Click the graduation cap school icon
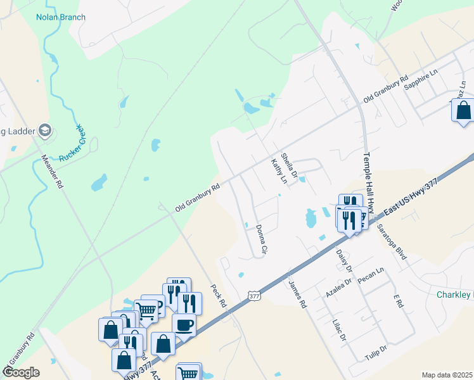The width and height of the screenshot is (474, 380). click(44, 130)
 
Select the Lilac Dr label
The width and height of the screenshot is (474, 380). click(339, 329)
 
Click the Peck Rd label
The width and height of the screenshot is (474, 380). click(219, 294)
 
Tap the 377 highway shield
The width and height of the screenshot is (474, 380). click(254, 296)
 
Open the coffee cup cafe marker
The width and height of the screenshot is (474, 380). click(184, 326)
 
